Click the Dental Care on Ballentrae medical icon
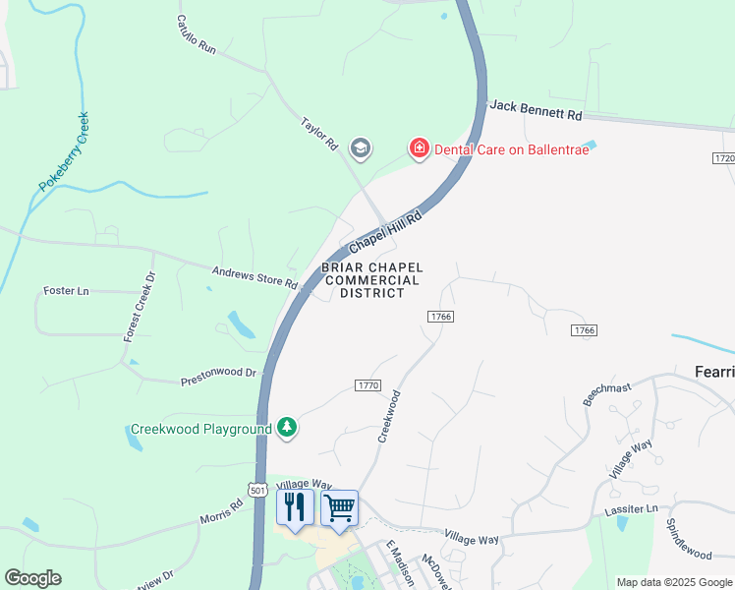pos(420,148)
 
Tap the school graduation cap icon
pos(360,148)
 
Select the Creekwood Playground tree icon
pos(287,427)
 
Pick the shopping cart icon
pos(339,507)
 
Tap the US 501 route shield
pos(257,490)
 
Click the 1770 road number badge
pos(367,384)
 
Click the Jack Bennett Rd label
pos(536,109)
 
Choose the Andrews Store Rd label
pos(255,276)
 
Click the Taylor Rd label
pos(319,135)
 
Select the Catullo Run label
pos(197,32)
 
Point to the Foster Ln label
pos(67,291)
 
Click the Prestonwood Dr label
pos(218,377)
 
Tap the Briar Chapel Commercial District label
pos(372,280)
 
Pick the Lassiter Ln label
pos(633,509)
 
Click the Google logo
pos(32,578)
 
